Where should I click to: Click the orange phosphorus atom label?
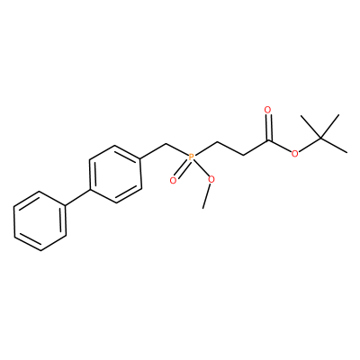[191, 157]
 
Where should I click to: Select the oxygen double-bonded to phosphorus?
[173, 181]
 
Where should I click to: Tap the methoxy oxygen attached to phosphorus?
[211, 180]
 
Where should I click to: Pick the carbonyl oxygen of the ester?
[268, 110]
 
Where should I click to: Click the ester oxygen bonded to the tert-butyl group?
[295, 154]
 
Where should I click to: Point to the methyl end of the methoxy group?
[203, 208]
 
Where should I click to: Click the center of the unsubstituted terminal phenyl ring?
[40, 220]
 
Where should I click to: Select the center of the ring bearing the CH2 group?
[115, 175]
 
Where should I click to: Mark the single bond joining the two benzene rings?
[77, 198]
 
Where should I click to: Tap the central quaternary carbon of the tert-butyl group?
[320, 139]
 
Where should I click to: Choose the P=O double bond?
[182, 168]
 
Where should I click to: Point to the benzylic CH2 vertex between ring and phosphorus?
[166, 145]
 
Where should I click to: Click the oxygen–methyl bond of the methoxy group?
[207, 194]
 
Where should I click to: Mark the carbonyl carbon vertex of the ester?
[268, 140]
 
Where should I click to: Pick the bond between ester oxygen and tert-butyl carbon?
[310, 146]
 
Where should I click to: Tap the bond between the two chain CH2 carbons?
[229, 148]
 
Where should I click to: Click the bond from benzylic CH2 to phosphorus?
[177, 149]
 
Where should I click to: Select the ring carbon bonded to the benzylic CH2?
[141, 159]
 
